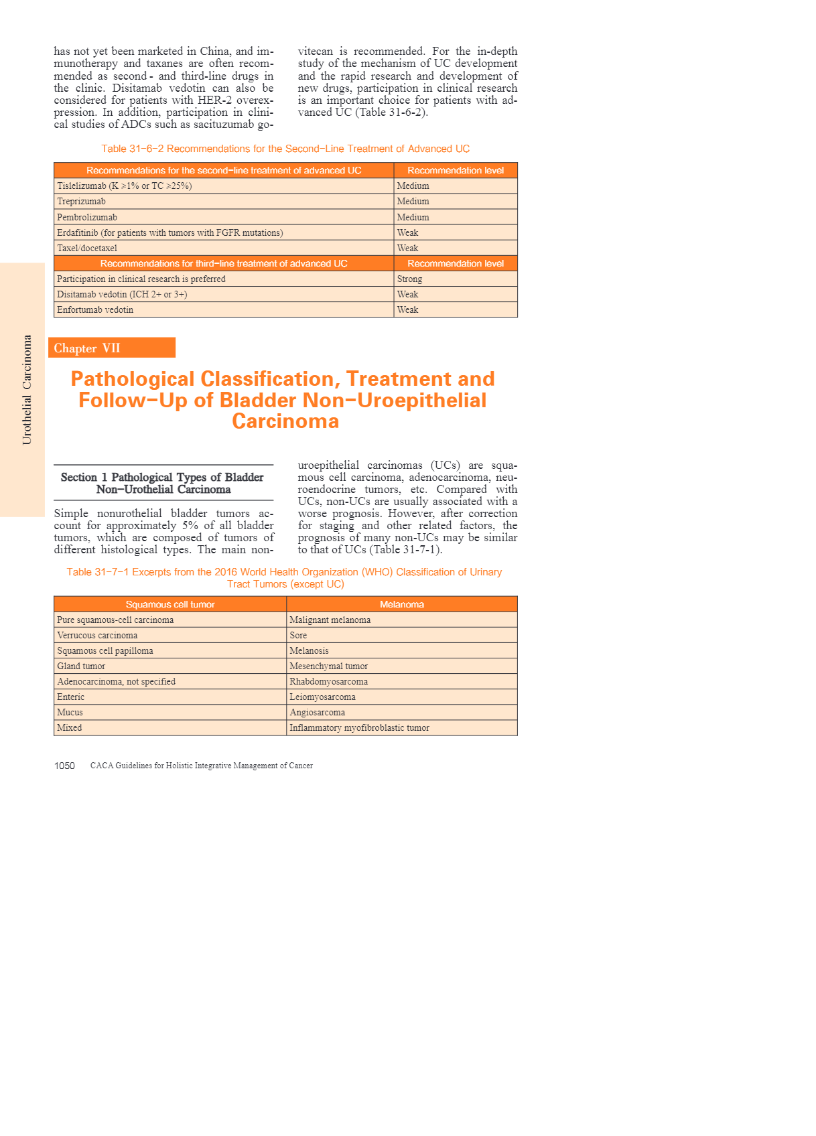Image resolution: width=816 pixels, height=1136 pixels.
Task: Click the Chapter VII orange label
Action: click(112, 348)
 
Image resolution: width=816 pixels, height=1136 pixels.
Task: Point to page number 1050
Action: click(64, 766)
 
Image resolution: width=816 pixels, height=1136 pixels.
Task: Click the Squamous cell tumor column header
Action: click(170, 604)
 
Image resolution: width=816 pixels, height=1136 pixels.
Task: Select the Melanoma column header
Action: click(402, 604)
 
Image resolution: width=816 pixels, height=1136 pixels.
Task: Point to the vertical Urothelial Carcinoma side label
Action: click(27, 390)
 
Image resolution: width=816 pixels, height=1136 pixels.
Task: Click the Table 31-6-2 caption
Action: click(285, 149)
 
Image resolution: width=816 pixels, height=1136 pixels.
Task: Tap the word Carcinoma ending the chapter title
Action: click(285, 421)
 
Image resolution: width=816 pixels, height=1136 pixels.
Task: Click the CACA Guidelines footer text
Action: click(202, 766)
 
